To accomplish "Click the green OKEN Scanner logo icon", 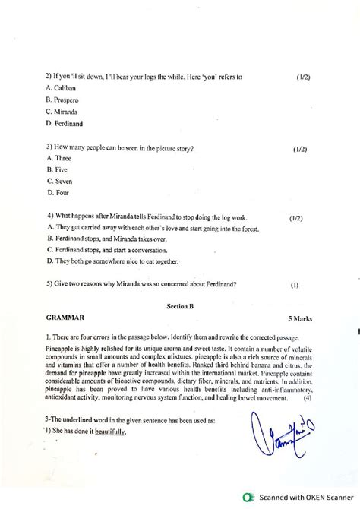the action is tap(245, 498).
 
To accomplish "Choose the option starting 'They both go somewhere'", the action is tap(112, 261).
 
